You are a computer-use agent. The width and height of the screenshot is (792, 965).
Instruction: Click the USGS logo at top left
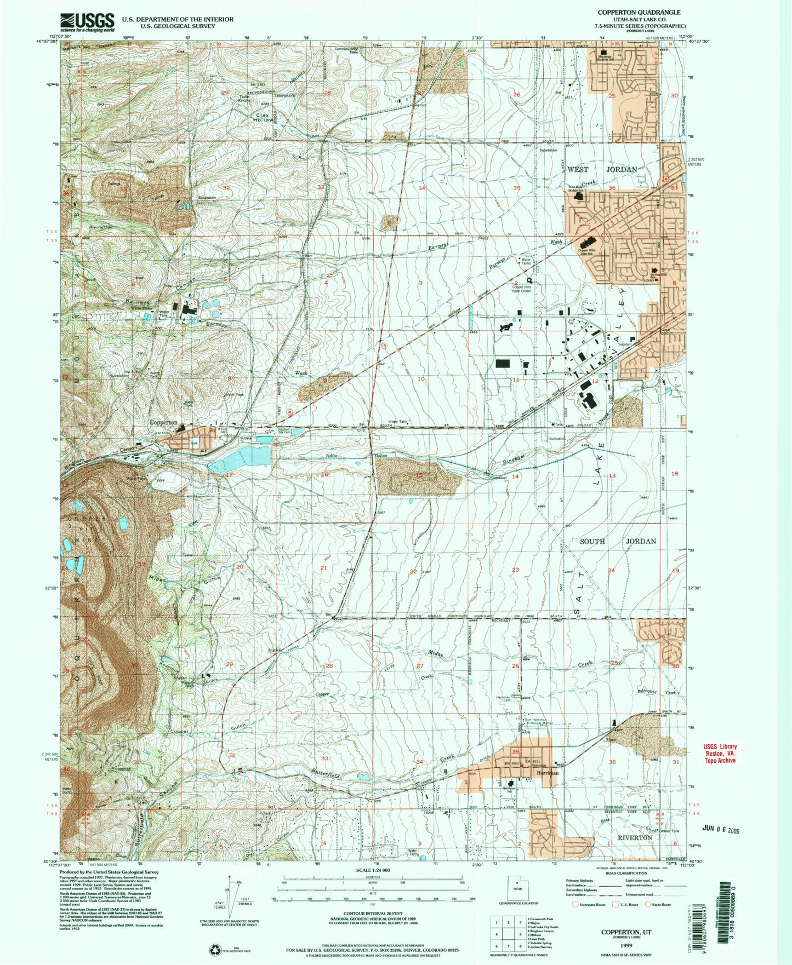pos(87,22)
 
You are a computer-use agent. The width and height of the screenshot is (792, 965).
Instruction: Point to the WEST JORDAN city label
pos(598,170)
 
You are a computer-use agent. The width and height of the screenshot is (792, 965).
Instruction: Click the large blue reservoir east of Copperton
pos(241,458)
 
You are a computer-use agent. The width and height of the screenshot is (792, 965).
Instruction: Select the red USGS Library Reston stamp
pos(720,753)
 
